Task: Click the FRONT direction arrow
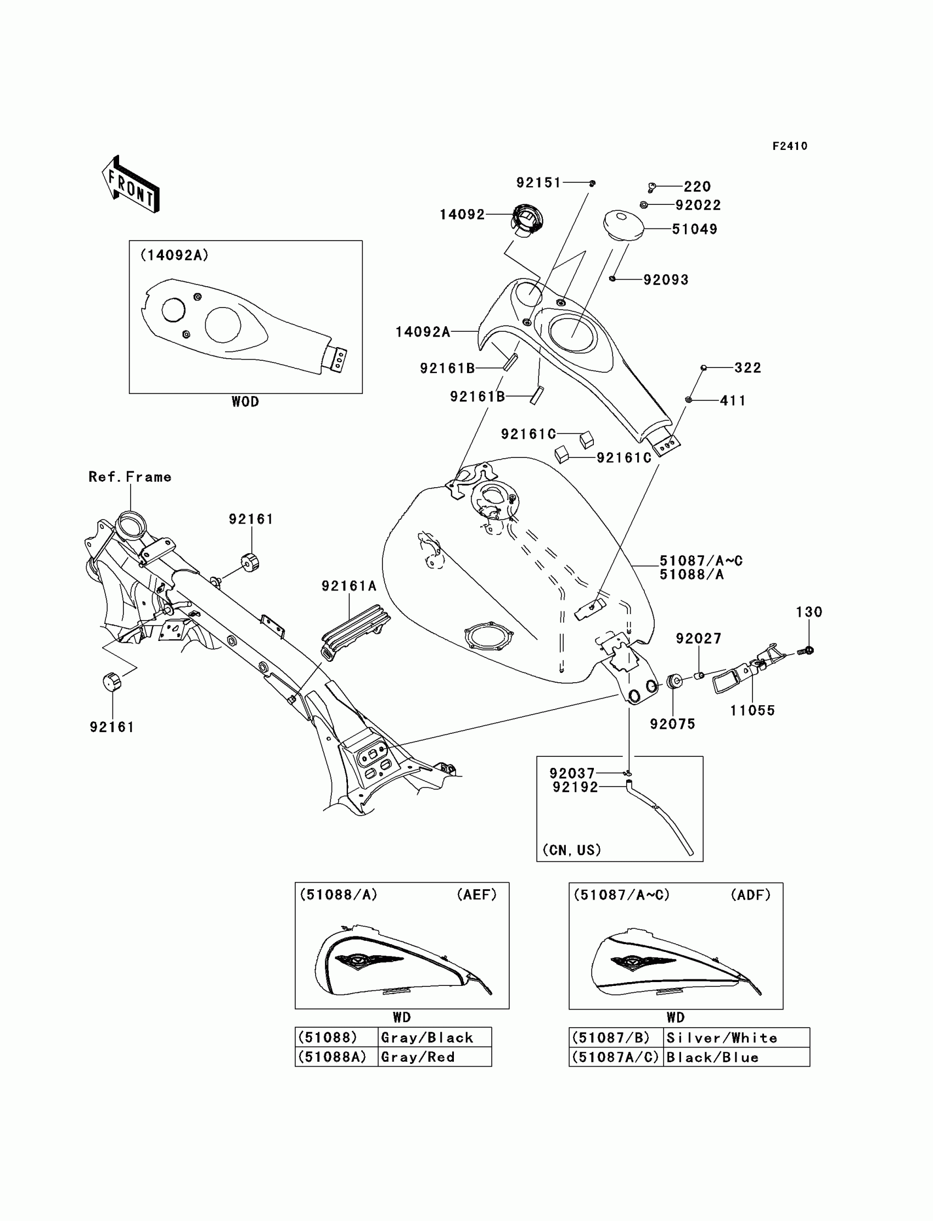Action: pyautogui.click(x=131, y=185)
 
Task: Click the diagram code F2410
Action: pyautogui.click(x=790, y=146)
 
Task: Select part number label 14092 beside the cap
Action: pyautogui.click(x=462, y=215)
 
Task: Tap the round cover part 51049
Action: pyautogui.click(x=623, y=225)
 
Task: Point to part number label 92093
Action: pyautogui.click(x=666, y=280)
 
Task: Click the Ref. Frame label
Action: pyautogui.click(x=130, y=477)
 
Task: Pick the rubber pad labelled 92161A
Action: pyautogui.click(x=356, y=630)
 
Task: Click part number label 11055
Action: pyautogui.click(x=752, y=710)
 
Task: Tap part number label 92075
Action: pyautogui.click(x=672, y=724)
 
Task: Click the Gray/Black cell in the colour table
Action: pyautogui.click(x=434, y=1038)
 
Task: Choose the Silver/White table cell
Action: pyautogui.click(x=736, y=1038)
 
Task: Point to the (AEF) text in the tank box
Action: pyautogui.click(x=476, y=895)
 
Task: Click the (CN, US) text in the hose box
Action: pyautogui.click(x=571, y=850)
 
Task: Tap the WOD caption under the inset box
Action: pyautogui.click(x=245, y=402)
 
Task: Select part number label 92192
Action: pyautogui.click(x=575, y=787)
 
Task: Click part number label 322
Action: pyautogui.click(x=747, y=368)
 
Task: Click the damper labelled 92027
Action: pyautogui.click(x=700, y=675)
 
